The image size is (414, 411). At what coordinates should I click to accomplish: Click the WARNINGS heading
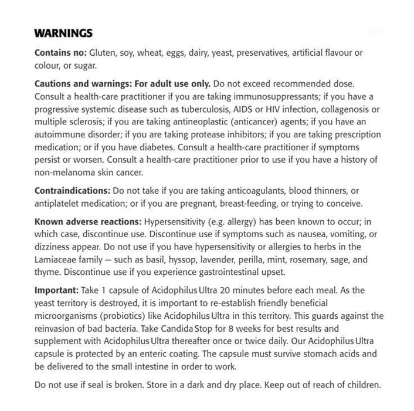click(62, 32)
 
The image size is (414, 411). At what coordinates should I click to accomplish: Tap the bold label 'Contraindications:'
click(72, 191)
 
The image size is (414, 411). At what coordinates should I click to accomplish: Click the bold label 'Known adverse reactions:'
click(87, 223)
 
